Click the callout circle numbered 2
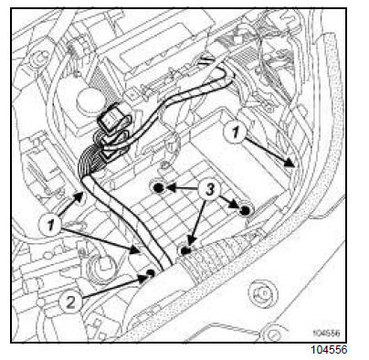[x=70, y=302]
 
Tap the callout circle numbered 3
[x=209, y=189]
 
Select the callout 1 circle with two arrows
[x=50, y=226]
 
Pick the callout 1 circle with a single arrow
[x=235, y=132]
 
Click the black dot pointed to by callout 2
[x=150, y=272]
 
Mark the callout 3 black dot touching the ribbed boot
[x=184, y=251]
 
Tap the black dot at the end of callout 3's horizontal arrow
[x=158, y=188]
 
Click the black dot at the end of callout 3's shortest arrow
[x=245, y=210]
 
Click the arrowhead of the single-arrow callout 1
[x=290, y=163]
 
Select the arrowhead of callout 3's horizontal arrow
[x=171, y=188]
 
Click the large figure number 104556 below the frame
[x=329, y=350]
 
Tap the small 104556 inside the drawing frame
[x=326, y=333]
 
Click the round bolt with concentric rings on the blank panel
[x=263, y=293]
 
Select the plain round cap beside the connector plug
[x=90, y=100]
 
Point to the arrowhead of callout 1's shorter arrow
[x=79, y=196]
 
